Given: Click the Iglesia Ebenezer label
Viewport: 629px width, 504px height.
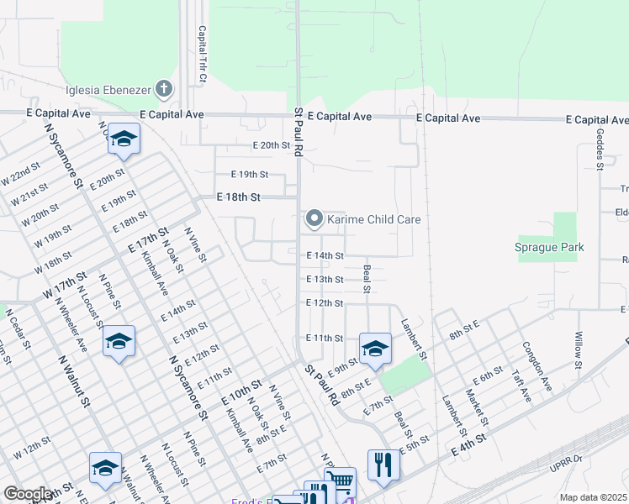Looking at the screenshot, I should (109, 90).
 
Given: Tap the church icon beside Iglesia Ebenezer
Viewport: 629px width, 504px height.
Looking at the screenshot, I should (164, 89).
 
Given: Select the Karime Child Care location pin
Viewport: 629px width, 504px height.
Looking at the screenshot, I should (314, 219).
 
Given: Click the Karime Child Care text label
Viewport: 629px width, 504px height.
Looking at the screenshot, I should (374, 219).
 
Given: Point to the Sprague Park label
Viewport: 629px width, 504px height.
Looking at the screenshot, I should (549, 247).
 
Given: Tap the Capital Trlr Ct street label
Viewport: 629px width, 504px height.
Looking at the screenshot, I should (203, 54).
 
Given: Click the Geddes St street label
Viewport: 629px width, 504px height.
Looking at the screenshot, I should (600, 149).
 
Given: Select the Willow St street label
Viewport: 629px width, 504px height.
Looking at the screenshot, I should (579, 350).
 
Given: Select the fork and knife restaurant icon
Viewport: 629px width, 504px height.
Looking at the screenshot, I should (383, 464).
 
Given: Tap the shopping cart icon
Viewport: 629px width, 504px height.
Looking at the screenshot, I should (340, 481).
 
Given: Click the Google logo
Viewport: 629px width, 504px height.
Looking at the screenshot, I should (28, 494).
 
